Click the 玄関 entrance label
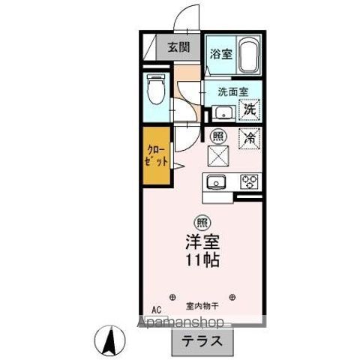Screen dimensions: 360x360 [177, 46]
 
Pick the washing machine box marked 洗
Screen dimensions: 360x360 [250, 109]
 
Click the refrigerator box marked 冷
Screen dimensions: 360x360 [250, 138]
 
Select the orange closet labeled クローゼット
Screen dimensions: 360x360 [157, 156]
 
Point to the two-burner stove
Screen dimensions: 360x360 [248, 181]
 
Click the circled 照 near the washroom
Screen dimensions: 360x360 [217, 136]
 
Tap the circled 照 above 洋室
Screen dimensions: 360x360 [201, 222]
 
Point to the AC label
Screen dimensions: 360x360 [156, 309]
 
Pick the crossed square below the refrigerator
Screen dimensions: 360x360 [217, 156]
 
